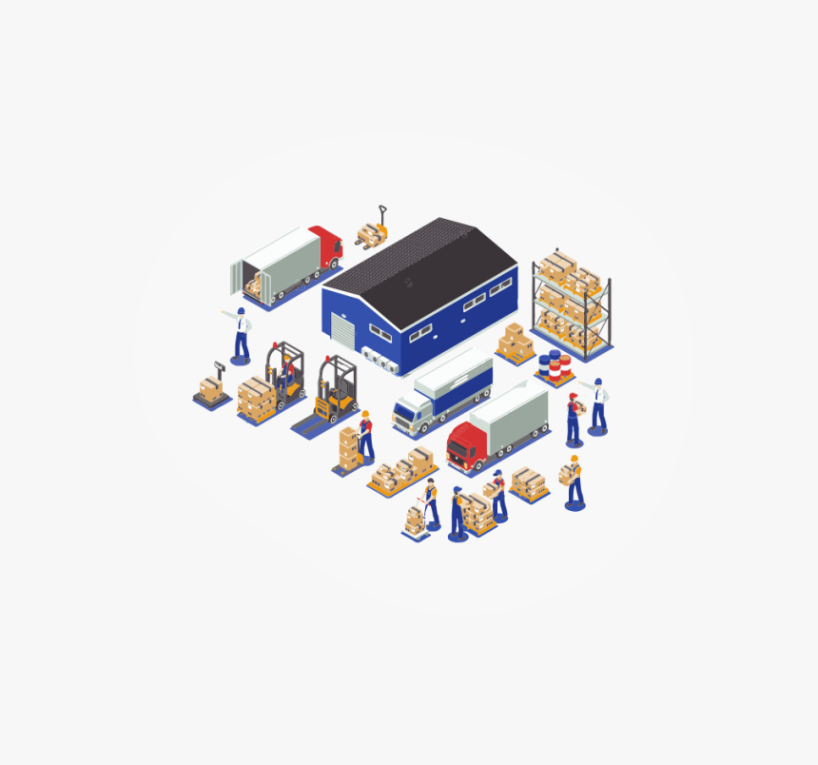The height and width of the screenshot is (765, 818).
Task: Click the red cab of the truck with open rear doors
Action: pyautogui.click(x=325, y=245)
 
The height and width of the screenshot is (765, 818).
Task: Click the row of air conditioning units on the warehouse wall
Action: pyautogui.click(x=380, y=361)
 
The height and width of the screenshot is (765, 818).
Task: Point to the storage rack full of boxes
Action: pyautogui.click(x=571, y=299)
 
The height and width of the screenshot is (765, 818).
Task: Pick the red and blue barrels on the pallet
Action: pyautogui.click(x=554, y=366)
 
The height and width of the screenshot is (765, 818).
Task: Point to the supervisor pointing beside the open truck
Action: pyautogui.click(x=241, y=334)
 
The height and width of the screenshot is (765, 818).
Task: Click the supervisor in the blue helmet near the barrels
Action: pyautogui.click(x=597, y=405)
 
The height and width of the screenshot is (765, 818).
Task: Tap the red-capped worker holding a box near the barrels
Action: pyautogui.click(x=574, y=418)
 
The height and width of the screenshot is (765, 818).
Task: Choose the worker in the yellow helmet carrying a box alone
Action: pyautogui.click(x=574, y=481)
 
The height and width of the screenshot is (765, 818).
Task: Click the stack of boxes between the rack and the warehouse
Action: pyautogui.click(x=515, y=343)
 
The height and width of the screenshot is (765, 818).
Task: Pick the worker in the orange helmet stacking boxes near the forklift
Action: pyautogui.click(x=365, y=435)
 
